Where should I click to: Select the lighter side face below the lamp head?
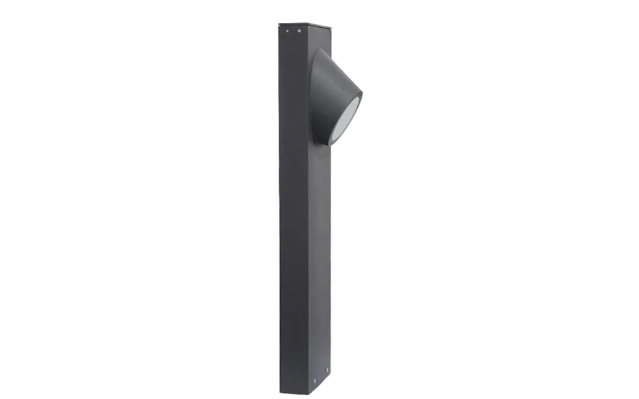[x=319, y=255]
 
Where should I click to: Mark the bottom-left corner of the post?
[x=280, y=392]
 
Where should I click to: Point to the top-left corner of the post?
[x=280, y=24]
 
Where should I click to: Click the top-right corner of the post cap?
[x=331, y=26]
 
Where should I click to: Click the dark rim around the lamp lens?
[x=357, y=104]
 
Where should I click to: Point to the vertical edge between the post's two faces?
[x=308, y=239]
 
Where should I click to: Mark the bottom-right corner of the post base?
[x=331, y=386]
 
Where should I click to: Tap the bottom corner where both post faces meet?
[x=308, y=394]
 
